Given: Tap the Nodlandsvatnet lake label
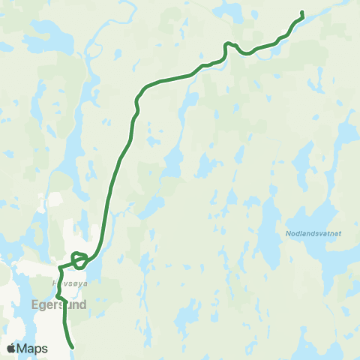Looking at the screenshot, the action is click(313, 233).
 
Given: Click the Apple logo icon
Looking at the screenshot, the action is click(10, 349).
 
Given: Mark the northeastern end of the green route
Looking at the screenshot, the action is click(301, 12).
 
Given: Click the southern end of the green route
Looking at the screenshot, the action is click(72, 348).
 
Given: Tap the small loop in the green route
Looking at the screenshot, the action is click(79, 260).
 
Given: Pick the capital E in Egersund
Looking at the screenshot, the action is click(34, 305).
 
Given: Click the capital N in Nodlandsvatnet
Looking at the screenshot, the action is click(288, 233).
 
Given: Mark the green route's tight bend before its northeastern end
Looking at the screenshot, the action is click(226, 46).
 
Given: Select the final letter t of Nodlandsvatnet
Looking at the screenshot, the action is click(340, 233).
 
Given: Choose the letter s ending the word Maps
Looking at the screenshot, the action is click(44, 349).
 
